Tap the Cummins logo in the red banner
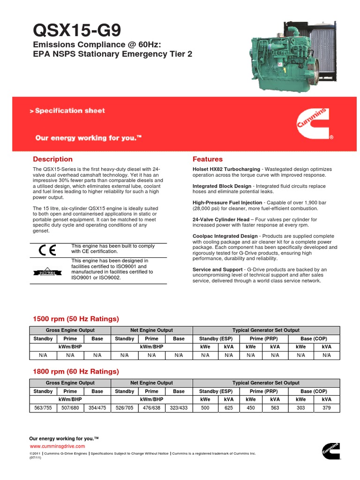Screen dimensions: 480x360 tap(315, 124)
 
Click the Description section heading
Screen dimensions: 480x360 tap(52, 159)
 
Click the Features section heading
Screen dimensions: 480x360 tap(208, 159)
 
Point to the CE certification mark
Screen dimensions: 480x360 tap(47, 250)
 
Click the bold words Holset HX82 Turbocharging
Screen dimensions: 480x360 tap(226, 169)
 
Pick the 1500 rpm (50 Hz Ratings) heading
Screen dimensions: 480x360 tap(75, 319)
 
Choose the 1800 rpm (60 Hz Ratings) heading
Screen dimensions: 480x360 tap(75, 371)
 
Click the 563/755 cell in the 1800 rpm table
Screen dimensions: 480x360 tap(43, 408)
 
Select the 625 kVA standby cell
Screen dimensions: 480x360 tap(228, 408)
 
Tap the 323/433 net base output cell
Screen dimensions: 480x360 tap(179, 408)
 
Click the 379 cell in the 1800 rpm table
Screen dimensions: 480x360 tap(326, 408)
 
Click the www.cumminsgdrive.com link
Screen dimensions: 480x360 tap(58, 446)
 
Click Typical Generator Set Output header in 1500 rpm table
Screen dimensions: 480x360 tap(266, 330)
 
